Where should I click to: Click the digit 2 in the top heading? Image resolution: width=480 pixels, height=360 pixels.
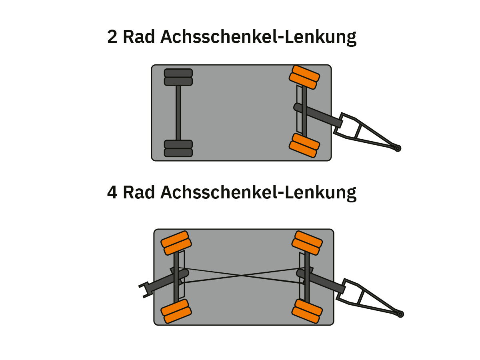click(x=112, y=37)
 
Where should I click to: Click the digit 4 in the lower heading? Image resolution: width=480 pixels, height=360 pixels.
click(x=113, y=192)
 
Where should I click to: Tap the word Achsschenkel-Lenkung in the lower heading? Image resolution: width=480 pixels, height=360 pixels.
click(x=258, y=192)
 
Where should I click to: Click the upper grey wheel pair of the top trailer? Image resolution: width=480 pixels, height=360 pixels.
click(x=178, y=77)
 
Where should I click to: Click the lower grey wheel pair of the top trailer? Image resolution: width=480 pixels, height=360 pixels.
click(x=178, y=148)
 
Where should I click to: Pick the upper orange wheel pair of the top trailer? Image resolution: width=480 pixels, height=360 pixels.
click(x=304, y=77)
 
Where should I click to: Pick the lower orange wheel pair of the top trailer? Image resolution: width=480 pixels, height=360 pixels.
click(x=304, y=146)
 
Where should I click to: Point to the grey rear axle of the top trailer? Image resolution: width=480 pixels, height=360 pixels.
click(x=178, y=113)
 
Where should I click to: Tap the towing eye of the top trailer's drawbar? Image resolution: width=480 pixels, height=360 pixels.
click(x=398, y=148)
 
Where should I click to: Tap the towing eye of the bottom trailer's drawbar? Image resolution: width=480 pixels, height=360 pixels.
click(x=400, y=314)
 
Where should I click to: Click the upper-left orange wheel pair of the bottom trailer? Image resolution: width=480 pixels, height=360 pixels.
click(x=176, y=243)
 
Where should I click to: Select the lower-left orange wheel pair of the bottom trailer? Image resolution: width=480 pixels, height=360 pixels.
click(x=176, y=311)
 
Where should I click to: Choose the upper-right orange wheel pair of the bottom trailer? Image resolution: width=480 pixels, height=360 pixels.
click(x=307, y=243)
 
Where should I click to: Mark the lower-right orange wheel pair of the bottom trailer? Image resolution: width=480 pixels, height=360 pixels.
click(x=307, y=311)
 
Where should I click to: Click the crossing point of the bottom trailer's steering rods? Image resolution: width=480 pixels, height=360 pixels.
click(x=242, y=275)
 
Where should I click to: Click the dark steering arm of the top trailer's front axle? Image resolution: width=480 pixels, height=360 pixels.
click(x=318, y=116)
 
